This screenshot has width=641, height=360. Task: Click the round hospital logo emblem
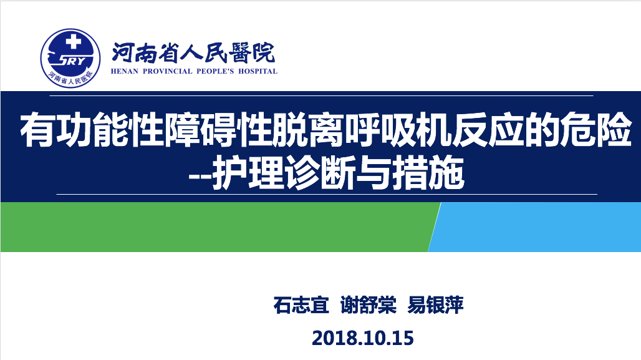click(x=70, y=58)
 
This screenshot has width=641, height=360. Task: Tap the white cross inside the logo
click(x=74, y=42)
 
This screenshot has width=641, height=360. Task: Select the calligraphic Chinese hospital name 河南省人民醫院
click(x=193, y=53)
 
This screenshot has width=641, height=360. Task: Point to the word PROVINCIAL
click(x=167, y=71)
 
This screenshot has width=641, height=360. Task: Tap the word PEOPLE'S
click(x=215, y=71)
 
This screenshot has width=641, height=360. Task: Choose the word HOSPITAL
click(x=258, y=71)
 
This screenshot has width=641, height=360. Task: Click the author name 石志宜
click(x=301, y=304)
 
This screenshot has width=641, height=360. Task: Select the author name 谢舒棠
click(x=369, y=304)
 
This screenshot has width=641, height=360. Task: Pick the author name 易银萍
click(x=435, y=304)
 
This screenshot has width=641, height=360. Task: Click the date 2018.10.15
click(x=363, y=338)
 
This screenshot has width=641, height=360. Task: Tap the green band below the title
click(x=216, y=226)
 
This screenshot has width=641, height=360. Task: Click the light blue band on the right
click(x=536, y=226)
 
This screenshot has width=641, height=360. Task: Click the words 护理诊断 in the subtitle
click(x=284, y=173)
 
